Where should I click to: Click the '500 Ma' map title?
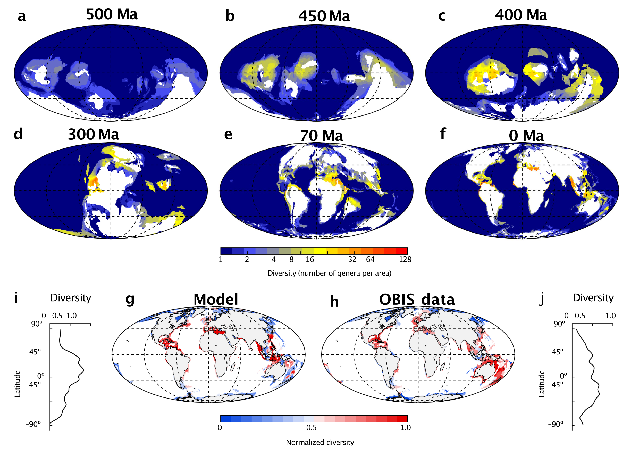pos(112,14)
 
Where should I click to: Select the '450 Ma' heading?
pos(324,16)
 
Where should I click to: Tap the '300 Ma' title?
pos(93,135)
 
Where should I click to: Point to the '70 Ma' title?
pos(322,136)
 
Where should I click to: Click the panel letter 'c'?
pos(442,16)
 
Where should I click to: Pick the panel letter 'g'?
pos(130,299)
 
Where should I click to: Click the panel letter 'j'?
pos(541,299)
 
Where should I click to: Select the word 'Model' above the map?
pos(216,299)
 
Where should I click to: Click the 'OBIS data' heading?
pos(417,299)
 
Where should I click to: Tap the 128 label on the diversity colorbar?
pos(405,260)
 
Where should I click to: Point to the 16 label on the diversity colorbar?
pos(310,260)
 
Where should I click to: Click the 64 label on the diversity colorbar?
pos(370,260)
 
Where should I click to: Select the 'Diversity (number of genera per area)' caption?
pos(329,273)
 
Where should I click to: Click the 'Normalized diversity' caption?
pos(320,442)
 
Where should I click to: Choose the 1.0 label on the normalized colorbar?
pos(406,428)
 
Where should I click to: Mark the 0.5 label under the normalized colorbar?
pos(311,428)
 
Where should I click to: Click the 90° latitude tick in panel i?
pos(37,324)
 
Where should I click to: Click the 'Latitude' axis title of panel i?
pos(18,384)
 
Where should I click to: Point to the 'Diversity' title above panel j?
pos(593,298)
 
